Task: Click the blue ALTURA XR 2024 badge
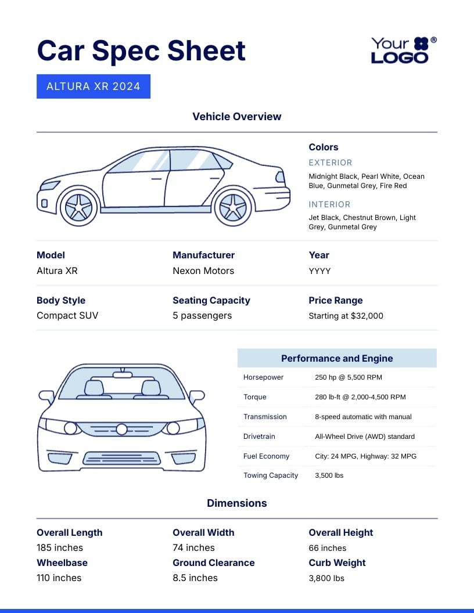coord(94,86)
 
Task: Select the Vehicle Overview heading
coord(236,117)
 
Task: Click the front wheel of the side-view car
coord(79,207)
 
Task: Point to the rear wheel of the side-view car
coord(233,207)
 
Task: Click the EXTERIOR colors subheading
coord(330,163)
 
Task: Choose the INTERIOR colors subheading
coord(329,204)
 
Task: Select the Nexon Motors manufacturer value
coord(203,271)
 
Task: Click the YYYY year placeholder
coord(319,271)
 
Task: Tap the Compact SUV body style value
coord(67,315)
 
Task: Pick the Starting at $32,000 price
coord(346,316)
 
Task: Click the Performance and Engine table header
coord(337,358)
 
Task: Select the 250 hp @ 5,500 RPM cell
coord(349,377)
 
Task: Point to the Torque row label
coord(255,397)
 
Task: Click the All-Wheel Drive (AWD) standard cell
coord(365,437)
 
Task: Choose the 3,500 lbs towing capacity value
coord(329,475)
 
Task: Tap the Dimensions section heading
coord(236,503)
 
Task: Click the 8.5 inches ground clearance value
coord(195,578)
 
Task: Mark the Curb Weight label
coord(337,562)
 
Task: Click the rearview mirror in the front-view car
coord(122,375)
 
